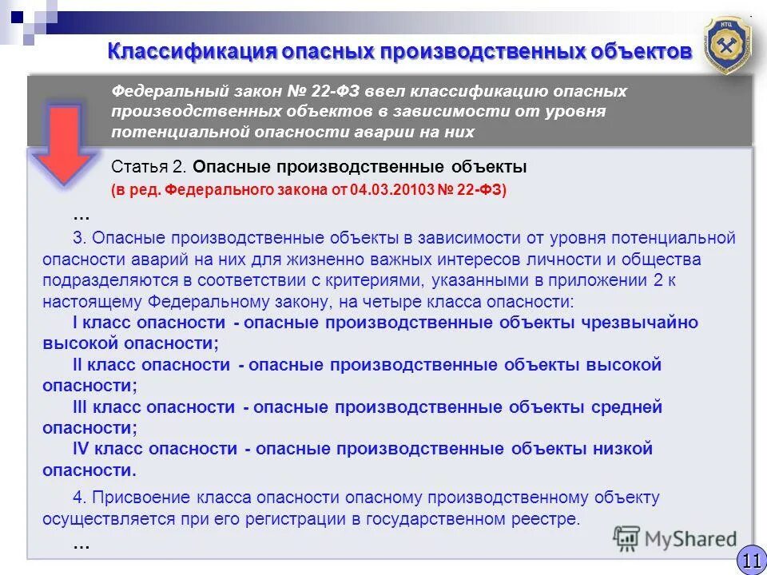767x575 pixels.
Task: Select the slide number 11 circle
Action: (750, 561)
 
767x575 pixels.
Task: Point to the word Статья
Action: (139, 168)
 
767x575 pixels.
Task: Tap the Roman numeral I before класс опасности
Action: (75, 323)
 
